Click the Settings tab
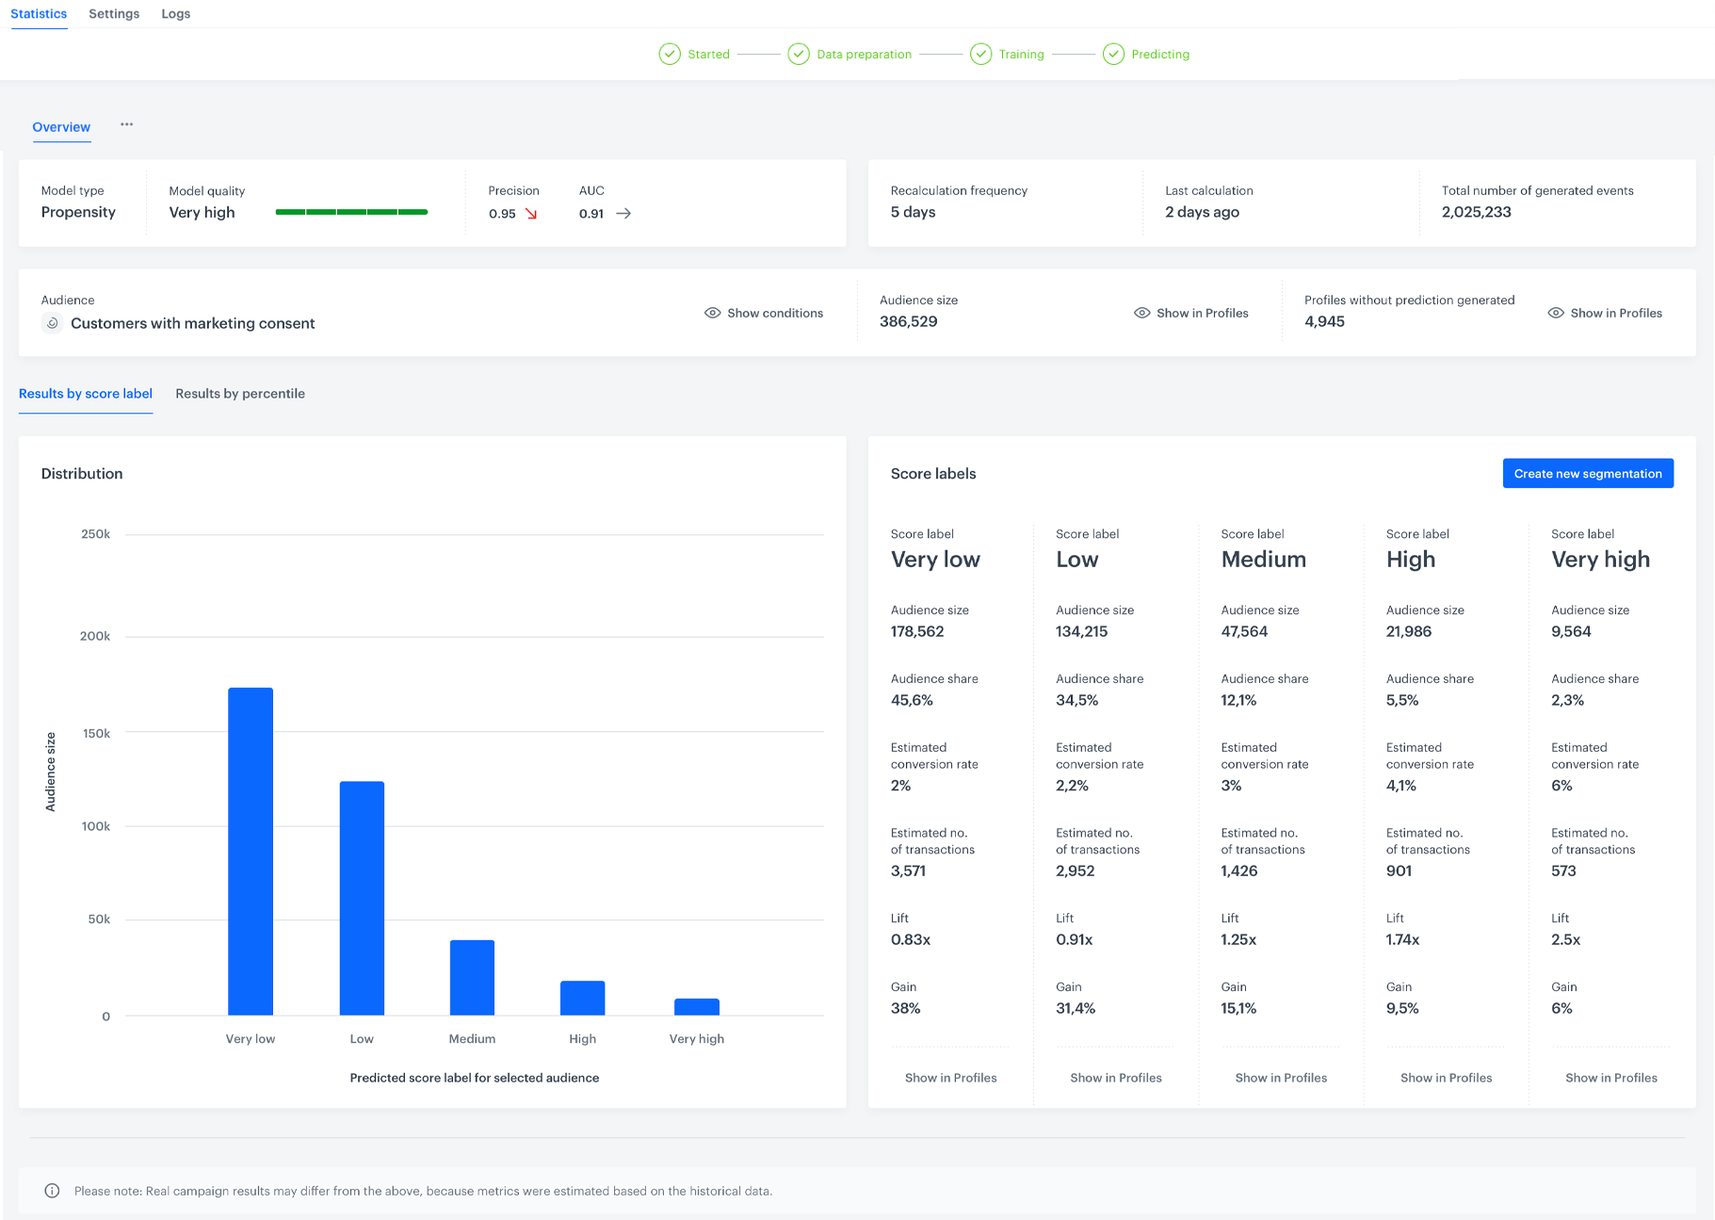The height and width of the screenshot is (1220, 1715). point(114,14)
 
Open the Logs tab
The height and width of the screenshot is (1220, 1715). point(176,14)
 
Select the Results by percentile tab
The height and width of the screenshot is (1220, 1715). point(240,394)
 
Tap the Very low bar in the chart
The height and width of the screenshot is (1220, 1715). point(251,851)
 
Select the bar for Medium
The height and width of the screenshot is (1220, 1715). point(472,977)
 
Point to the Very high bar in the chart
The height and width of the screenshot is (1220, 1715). point(697,1006)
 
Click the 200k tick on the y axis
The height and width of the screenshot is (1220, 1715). point(95,636)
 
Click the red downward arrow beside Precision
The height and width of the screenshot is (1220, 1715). point(531,214)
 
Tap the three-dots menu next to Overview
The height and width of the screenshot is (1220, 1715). point(127,124)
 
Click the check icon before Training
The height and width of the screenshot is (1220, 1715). point(981,54)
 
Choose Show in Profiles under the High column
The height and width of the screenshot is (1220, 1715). point(1447,1078)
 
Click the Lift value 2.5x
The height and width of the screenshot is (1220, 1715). point(1566,939)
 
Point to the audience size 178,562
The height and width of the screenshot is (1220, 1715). point(917,631)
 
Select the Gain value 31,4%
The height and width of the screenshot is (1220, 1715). point(1076,1008)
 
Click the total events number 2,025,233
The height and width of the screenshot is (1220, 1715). point(1477,212)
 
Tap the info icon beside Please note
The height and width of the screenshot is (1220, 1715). point(53,1191)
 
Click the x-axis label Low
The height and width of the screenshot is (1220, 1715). point(362,1039)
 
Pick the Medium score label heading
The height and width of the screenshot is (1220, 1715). point(1264,560)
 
